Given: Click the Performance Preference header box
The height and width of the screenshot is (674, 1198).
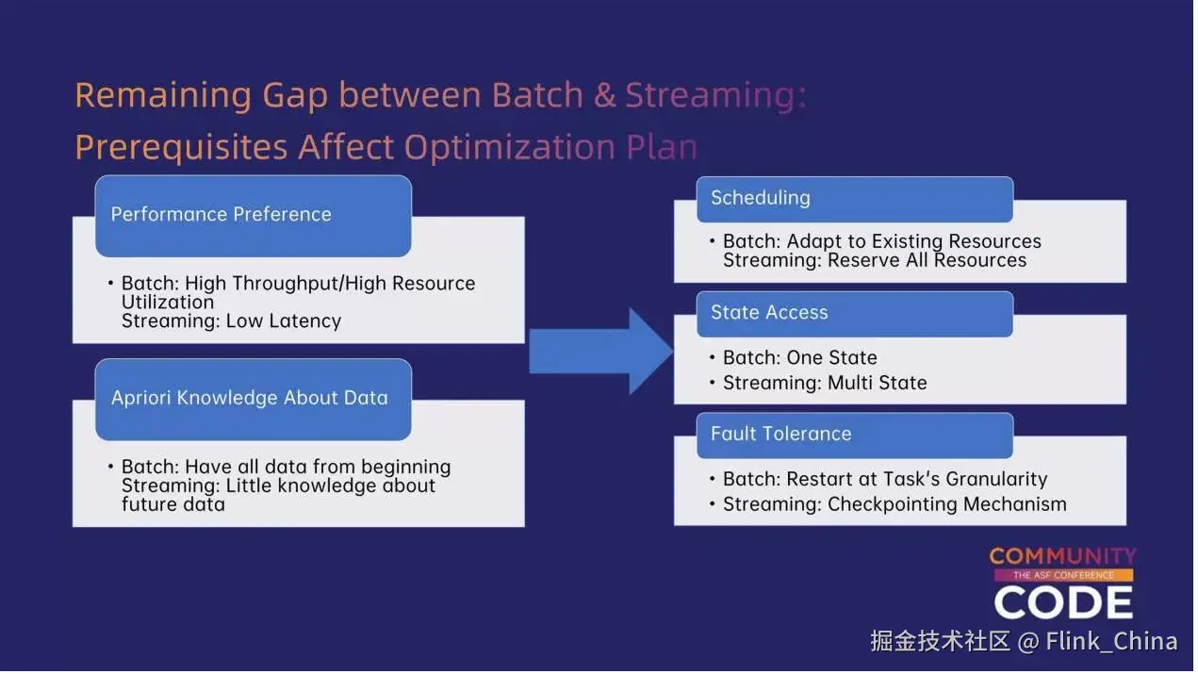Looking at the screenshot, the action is pyautogui.click(x=253, y=215).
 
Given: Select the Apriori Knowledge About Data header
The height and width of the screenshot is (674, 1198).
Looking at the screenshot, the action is pyautogui.click(x=253, y=399).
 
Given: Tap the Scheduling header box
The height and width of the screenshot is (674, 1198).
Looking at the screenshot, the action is pyautogui.click(x=854, y=199).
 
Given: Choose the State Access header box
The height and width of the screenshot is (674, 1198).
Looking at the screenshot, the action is pyautogui.click(x=854, y=314).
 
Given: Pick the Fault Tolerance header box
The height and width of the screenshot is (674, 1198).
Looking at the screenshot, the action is pyautogui.click(x=854, y=435).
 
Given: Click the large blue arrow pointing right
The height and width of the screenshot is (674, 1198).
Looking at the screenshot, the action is pyautogui.click(x=601, y=351).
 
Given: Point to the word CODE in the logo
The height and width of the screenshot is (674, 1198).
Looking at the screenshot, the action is pyautogui.click(x=1063, y=603).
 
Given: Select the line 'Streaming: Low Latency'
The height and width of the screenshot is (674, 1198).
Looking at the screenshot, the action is pyautogui.click(x=231, y=321).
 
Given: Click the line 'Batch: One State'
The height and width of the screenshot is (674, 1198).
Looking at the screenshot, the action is pyautogui.click(x=799, y=358).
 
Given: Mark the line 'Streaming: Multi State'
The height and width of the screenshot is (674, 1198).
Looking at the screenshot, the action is pyautogui.click(x=825, y=384).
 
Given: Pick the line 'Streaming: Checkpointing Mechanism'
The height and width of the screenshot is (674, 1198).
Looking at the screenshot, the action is pyautogui.click(x=894, y=505).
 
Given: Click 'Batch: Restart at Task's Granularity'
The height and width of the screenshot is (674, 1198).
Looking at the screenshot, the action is pyautogui.click(x=885, y=480).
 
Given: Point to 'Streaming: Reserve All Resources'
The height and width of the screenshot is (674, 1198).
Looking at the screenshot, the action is pyautogui.click(x=875, y=261).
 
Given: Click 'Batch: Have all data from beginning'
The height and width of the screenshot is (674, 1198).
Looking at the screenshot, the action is pyautogui.click(x=286, y=468).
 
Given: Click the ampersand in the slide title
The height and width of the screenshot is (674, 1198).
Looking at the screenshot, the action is pyautogui.click(x=604, y=96).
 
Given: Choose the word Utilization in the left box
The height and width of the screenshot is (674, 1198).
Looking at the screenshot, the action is pyautogui.click(x=168, y=303).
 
